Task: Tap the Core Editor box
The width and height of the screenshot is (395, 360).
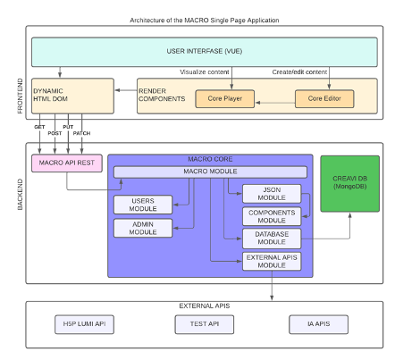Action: (x=324, y=96)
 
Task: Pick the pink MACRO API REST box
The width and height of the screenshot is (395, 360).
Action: (x=64, y=163)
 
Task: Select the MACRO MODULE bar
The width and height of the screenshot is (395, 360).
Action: (x=209, y=172)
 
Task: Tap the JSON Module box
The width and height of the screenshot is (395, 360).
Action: (x=272, y=194)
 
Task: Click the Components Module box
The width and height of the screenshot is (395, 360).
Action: (x=272, y=217)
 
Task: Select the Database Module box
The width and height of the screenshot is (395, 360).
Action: (x=272, y=239)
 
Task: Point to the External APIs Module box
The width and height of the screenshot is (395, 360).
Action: (x=272, y=262)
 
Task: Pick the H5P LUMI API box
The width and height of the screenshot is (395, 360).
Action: (x=86, y=323)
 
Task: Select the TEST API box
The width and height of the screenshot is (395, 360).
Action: (x=205, y=323)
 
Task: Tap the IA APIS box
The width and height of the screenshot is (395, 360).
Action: (x=319, y=323)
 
